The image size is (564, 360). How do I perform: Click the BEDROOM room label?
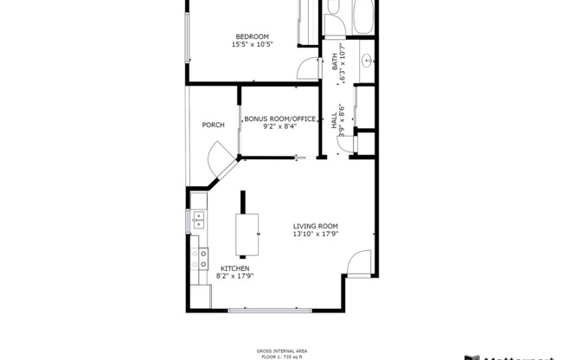pos(253,36)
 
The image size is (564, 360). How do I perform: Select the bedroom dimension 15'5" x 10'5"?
pos(253,45)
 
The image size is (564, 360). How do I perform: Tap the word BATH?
pos(335,61)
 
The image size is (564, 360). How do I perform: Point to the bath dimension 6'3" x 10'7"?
pos(343,64)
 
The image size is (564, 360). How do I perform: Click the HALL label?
pos(335,121)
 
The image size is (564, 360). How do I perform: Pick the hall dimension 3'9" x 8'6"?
pos(343,122)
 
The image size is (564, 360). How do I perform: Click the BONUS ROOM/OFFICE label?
pos(279,119)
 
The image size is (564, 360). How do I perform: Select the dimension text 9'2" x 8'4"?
pos(279,126)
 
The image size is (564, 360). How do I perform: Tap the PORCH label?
pos(214,125)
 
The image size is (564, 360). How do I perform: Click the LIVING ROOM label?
pos(315,226)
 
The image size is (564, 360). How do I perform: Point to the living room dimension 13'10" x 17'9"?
pos(315,234)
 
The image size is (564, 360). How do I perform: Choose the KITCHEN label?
pos(234,269)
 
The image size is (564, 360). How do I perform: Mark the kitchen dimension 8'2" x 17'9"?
pos(234,277)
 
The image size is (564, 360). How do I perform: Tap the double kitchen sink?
pos(198,218)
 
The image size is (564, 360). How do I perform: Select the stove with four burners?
pos(200,254)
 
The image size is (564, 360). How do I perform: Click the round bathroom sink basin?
pos(367,61)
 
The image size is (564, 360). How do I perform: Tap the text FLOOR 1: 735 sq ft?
pos(282,356)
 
